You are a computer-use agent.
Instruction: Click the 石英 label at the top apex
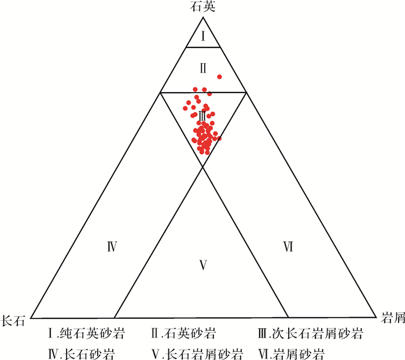click(203, 7)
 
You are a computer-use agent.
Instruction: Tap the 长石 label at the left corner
click(14, 320)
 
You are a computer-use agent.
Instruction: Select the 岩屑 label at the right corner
click(392, 318)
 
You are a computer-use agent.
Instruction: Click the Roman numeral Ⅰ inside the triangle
click(203, 36)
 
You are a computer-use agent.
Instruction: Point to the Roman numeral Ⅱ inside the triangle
click(203, 68)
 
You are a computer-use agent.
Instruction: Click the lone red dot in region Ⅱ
click(219, 76)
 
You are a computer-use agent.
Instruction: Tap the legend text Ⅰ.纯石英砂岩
click(87, 334)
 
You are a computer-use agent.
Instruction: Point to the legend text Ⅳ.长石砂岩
click(82, 352)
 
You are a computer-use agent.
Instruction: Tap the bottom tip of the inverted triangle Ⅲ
click(203, 167)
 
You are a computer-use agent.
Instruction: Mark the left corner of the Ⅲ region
click(160, 92)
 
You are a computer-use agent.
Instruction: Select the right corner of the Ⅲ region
click(246, 92)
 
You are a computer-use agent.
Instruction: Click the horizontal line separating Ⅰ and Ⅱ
click(203, 47)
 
